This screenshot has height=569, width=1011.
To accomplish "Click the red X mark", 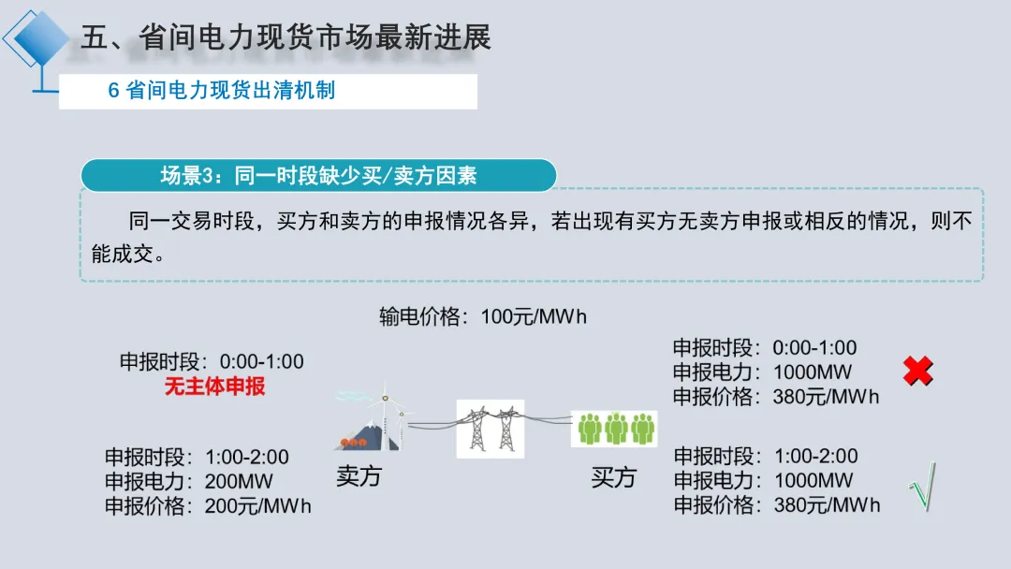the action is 918,372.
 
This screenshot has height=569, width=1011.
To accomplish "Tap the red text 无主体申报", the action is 215,386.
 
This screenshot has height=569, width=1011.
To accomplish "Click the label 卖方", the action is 359,476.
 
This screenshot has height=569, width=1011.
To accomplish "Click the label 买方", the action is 613,477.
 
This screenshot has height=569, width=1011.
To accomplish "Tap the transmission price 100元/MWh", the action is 534,316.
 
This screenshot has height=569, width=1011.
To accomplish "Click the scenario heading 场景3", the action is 318,175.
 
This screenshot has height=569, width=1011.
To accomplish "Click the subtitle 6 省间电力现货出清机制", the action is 222,91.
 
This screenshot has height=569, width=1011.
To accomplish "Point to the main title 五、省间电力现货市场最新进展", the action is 286,37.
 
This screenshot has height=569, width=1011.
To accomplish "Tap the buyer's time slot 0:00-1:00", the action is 815,348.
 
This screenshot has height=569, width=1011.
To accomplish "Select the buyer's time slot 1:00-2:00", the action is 816,457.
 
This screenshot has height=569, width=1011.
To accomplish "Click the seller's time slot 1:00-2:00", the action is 247,458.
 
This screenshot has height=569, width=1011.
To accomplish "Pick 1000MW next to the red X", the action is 813,372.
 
